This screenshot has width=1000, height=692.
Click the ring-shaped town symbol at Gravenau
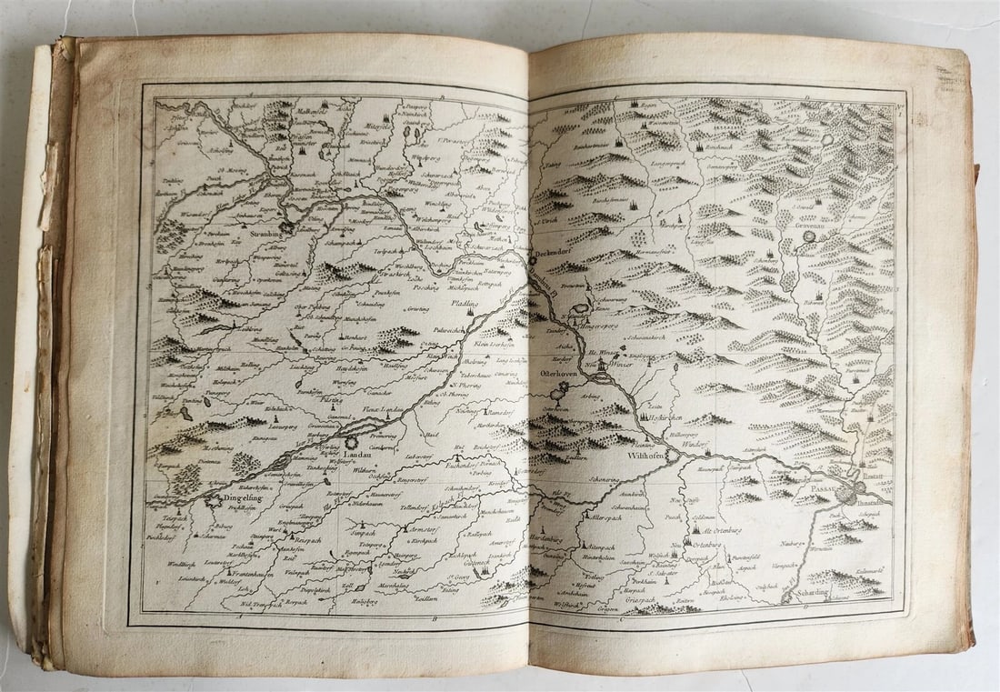[x=827, y=140]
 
